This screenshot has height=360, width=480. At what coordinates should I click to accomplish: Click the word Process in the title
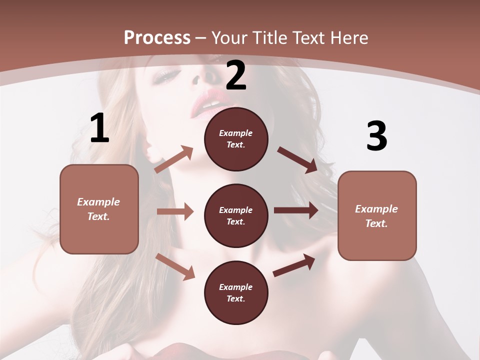click(x=157, y=38)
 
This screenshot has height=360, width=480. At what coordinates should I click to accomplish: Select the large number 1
click(x=99, y=128)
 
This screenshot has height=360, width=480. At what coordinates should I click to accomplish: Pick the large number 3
click(x=376, y=136)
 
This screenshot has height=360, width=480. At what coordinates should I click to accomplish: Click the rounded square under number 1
click(x=99, y=209)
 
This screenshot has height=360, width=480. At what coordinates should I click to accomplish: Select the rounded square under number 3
click(x=377, y=215)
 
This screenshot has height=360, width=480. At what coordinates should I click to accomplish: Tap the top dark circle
click(x=236, y=139)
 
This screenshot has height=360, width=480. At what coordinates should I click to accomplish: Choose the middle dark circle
click(x=236, y=215)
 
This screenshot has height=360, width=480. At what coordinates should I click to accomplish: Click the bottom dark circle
click(x=236, y=292)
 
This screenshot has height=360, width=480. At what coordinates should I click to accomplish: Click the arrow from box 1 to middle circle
click(x=175, y=211)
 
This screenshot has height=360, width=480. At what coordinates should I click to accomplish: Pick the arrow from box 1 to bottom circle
click(x=175, y=266)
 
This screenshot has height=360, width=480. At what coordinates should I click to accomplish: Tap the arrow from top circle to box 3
click(x=297, y=159)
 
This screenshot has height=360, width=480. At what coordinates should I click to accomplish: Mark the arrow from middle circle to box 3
click(x=296, y=210)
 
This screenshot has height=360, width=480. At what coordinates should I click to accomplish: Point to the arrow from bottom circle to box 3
click(x=294, y=265)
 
